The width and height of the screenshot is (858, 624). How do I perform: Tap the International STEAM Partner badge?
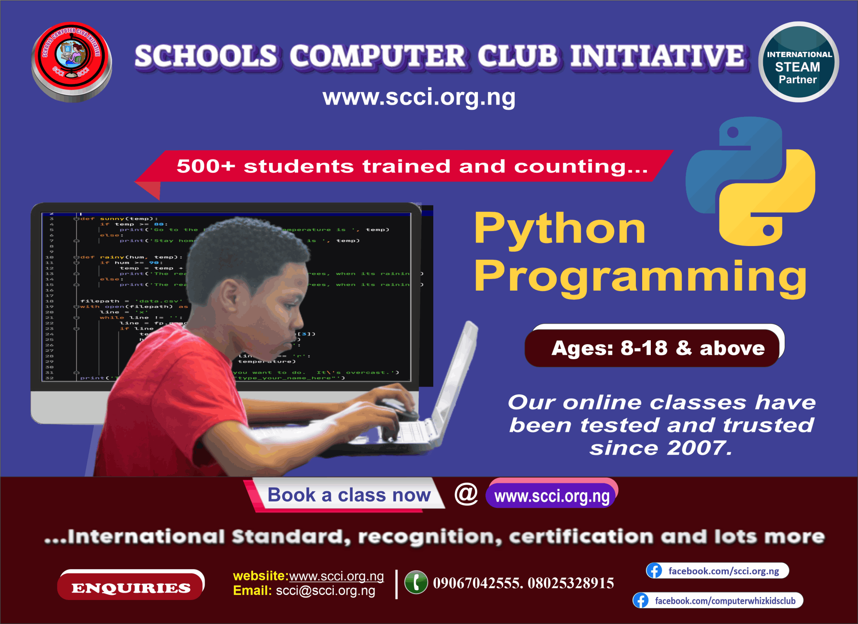pos(798,62)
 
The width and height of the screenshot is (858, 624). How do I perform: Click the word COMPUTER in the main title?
pos(378,56)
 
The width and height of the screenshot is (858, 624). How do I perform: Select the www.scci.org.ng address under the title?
pos(419,97)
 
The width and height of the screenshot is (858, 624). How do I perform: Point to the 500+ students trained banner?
pos(412,166)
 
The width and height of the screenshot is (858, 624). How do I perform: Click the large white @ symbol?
pos(466,494)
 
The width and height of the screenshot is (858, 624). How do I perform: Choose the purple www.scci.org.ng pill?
pos(552,496)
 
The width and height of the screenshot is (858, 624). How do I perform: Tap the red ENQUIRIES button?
pos(131,588)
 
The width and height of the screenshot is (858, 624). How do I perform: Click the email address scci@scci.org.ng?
pos(325,591)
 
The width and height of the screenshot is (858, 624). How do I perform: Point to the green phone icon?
pos(416,582)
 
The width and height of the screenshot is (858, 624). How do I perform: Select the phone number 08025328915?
pos(571,583)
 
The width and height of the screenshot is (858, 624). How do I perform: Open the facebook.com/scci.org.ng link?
pos(723,571)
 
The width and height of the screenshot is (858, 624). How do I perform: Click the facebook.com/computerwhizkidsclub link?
pos(725,601)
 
